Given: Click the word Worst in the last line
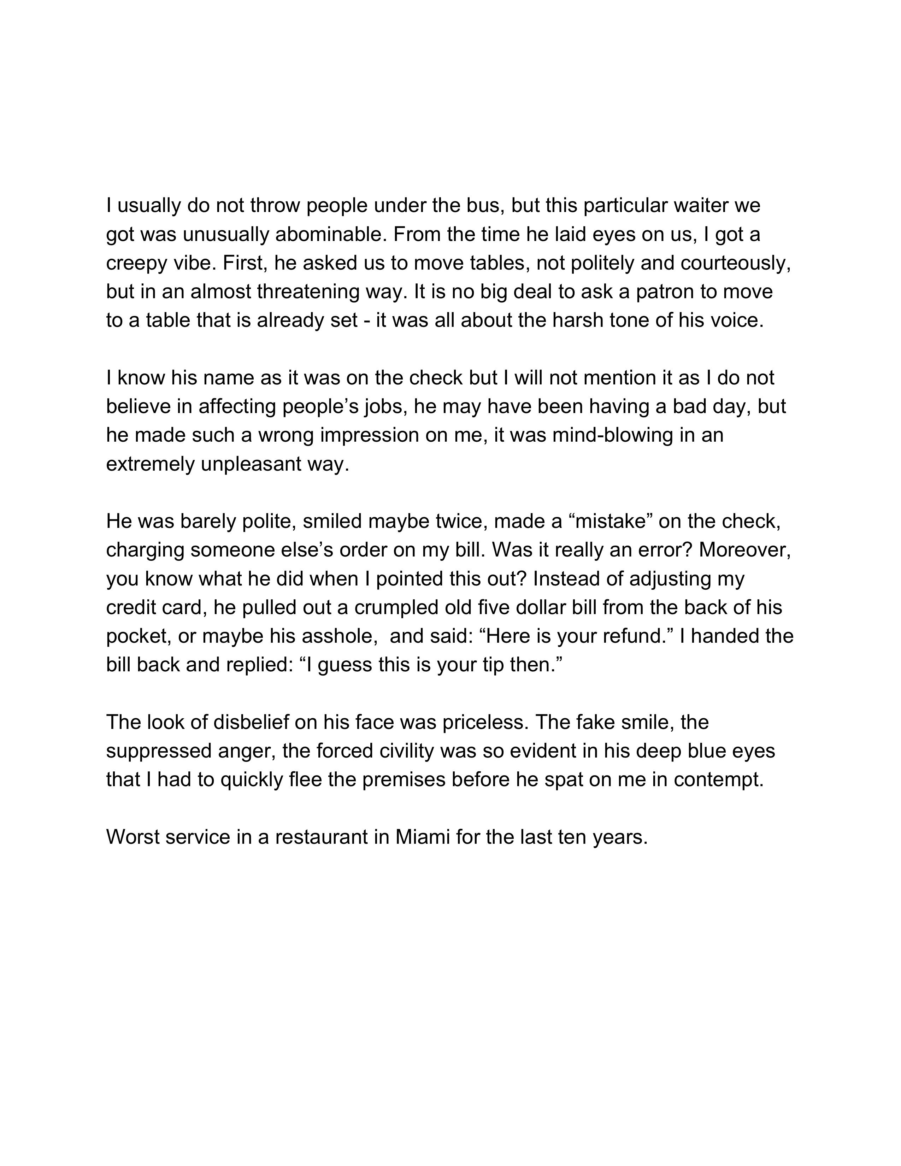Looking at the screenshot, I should point(134,837).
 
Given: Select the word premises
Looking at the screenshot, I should point(404,780).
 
